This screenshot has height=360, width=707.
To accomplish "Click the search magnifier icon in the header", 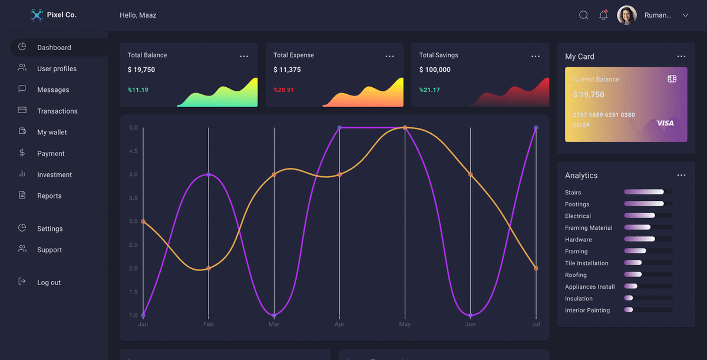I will pos(583,15).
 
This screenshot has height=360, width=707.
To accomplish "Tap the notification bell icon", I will pos(603,15).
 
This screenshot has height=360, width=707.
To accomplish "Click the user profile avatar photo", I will pos(626,15).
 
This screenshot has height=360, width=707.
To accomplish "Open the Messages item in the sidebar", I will pos(53,90).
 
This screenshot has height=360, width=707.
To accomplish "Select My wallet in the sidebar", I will pos(52,132).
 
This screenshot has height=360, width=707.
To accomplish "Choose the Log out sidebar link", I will pos(49,282).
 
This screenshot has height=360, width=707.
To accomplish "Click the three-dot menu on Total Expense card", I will pos(389,56).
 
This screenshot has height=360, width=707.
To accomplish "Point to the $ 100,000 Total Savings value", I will pos(435,70).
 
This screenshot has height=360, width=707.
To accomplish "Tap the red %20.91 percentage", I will pos(283,90).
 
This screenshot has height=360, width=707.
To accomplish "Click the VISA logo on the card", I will pos(665,123).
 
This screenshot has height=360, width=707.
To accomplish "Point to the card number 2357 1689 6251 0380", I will pos(604,115).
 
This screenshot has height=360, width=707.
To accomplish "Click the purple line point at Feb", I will pos(209,174).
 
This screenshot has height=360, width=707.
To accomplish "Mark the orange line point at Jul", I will pos(536,268).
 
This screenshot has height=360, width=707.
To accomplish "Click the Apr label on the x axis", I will pos(339,324).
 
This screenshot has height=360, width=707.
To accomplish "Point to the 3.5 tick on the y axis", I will pos(133,198).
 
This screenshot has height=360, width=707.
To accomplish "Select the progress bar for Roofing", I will pos(647,275).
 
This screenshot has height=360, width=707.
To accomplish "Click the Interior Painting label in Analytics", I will pos(587,310).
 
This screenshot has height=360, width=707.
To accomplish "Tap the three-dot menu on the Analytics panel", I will pos(681,175).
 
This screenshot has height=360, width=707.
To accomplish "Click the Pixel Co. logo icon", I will pos(37,15).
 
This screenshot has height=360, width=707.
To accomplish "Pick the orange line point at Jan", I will pos(143,222).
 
